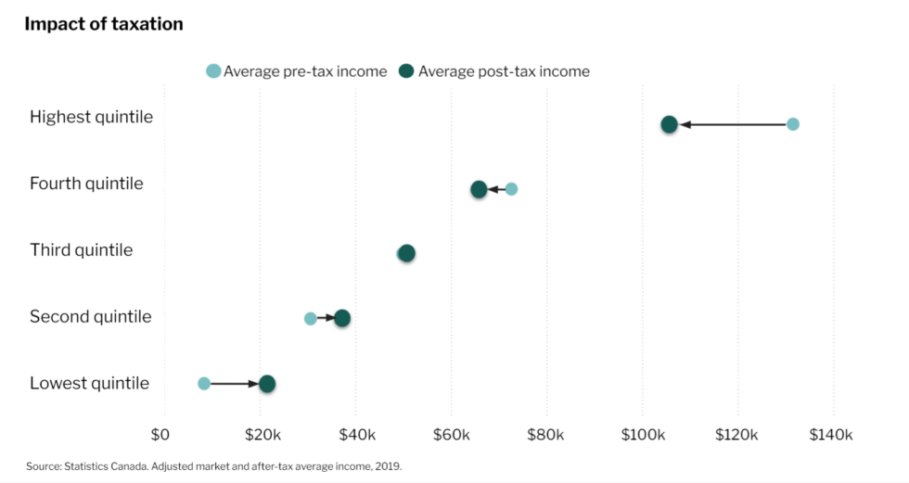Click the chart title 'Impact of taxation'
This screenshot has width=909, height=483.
coord(104,24)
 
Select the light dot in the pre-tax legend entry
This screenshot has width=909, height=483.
coord(213,71)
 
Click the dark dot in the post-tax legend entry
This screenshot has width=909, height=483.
coord(406,71)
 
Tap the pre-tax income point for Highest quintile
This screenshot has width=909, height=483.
coord(792,124)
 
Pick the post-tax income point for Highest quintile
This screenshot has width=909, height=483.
coord(669,124)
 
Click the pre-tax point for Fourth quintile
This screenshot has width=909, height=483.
coord(511,189)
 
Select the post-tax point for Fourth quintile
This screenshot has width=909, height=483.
coord(479,189)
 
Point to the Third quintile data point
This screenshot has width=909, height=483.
coord(406,253)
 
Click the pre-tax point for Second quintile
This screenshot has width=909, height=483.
coord(310,318)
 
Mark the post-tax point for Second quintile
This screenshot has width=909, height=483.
coord(342,318)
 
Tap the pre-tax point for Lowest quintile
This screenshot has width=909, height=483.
coord(204,383)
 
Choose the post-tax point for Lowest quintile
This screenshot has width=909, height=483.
coord(267,383)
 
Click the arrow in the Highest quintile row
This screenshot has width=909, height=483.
coord(733,124)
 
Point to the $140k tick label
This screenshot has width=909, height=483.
coord(830,434)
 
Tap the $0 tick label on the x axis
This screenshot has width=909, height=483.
coord(160,434)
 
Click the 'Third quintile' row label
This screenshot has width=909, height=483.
coord(81,250)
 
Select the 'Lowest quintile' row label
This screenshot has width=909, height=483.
coord(89,383)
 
